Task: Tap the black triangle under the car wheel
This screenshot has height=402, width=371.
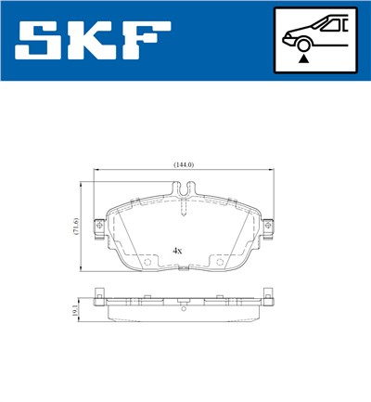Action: click(302, 58)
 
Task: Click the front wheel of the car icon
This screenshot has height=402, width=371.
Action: click(302, 41)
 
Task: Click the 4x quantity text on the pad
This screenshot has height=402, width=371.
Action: click(177, 251)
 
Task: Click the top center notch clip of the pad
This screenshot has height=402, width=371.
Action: click(185, 191)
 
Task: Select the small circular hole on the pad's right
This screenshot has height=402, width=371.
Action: click(220, 262)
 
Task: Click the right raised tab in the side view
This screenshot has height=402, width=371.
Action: click(270, 298)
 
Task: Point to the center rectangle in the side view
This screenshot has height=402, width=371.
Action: click(185, 302)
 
